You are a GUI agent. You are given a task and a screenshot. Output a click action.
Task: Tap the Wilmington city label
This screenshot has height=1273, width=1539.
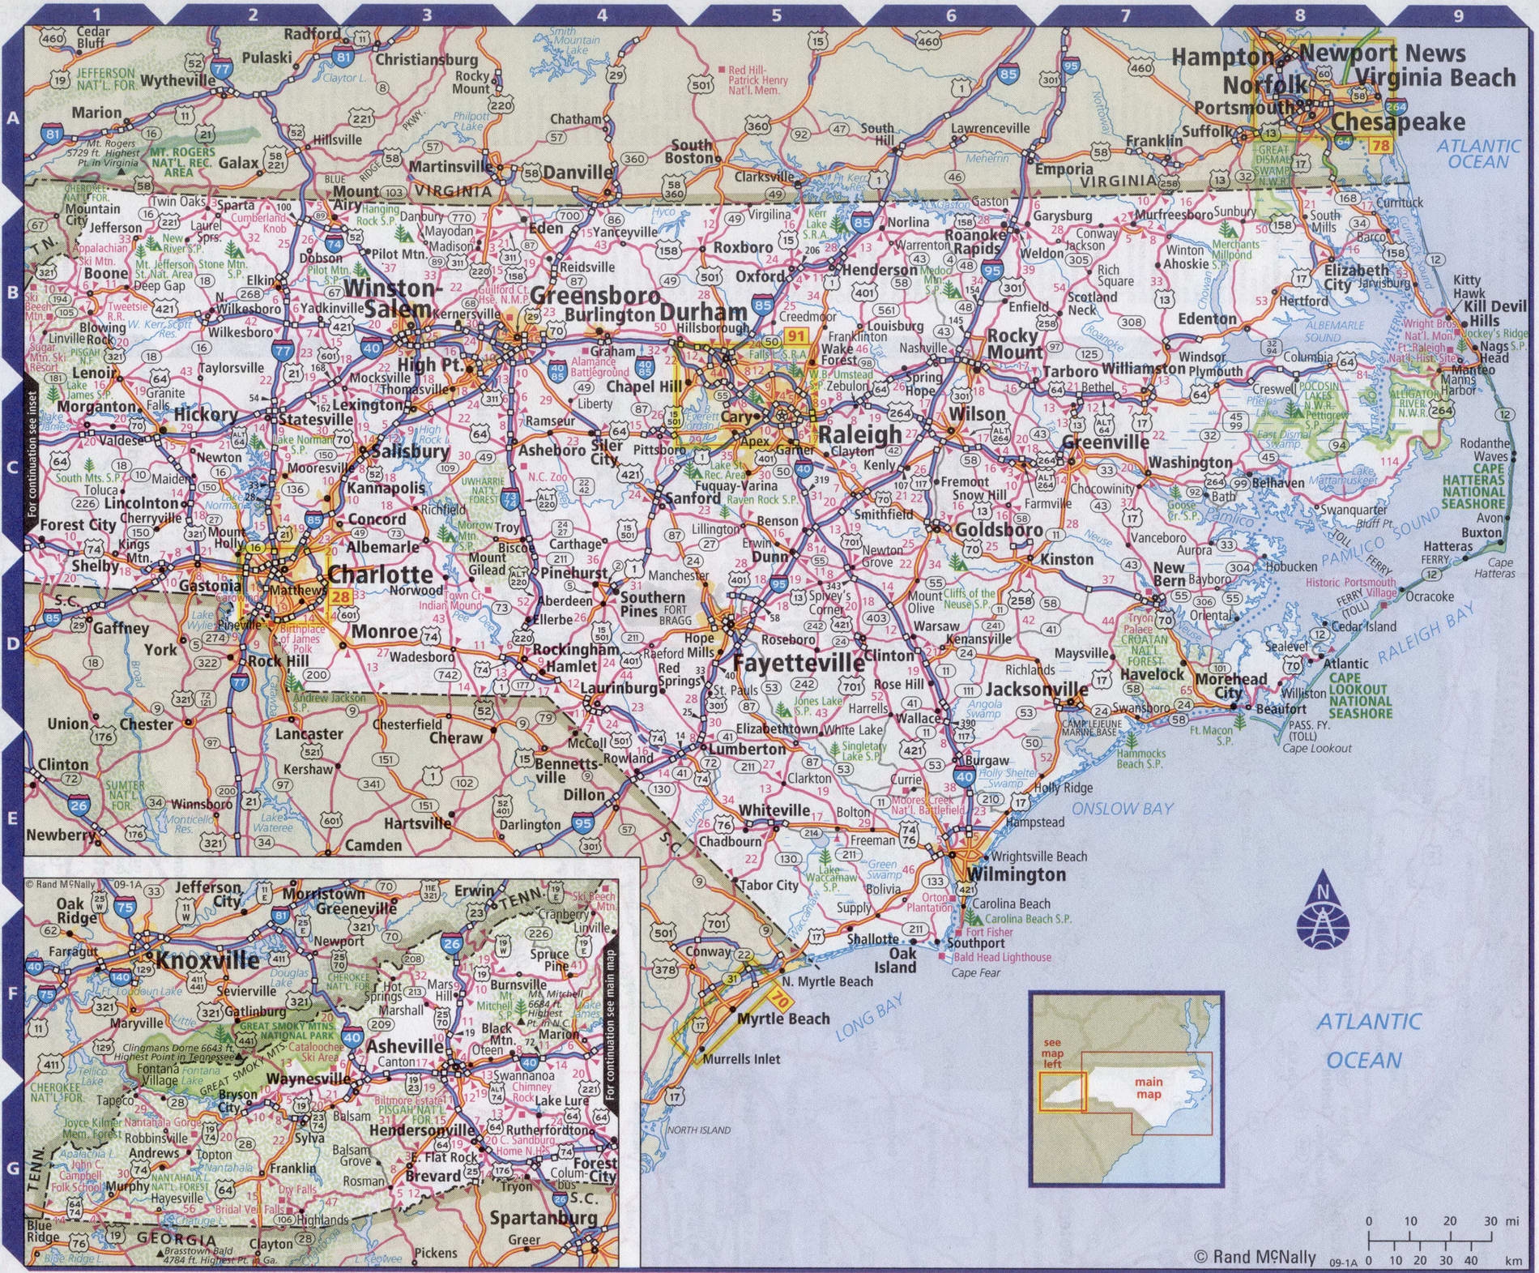pyautogui.click(x=1017, y=874)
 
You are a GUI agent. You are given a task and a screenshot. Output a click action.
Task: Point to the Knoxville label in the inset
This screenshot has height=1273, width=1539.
pyautogui.click(x=208, y=961)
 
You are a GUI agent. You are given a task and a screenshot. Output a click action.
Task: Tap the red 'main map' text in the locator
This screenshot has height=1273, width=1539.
pyautogui.click(x=1149, y=1087)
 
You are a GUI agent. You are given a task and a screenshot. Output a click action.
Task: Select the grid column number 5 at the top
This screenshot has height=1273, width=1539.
pyautogui.click(x=776, y=15)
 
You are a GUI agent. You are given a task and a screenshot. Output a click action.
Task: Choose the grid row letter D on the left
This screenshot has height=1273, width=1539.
pyautogui.click(x=12, y=643)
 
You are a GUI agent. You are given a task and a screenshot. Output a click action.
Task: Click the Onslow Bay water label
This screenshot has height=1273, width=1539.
pyautogui.click(x=1122, y=808)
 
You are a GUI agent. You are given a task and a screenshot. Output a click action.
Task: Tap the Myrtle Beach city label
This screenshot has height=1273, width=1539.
pyautogui.click(x=783, y=1019)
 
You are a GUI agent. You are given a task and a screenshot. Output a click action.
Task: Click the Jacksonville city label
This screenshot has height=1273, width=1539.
pyautogui.click(x=1037, y=689)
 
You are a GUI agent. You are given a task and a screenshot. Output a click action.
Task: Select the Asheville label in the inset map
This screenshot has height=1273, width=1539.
pyautogui.click(x=404, y=1046)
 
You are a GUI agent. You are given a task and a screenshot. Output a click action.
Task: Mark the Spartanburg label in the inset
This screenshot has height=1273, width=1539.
pyautogui.click(x=543, y=1217)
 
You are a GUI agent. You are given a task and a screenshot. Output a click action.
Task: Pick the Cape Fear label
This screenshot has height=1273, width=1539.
pyautogui.click(x=976, y=972)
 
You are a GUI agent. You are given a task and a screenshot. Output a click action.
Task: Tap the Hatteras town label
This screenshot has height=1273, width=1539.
pyautogui.click(x=1447, y=546)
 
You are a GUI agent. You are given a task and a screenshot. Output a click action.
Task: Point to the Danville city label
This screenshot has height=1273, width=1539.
pyautogui.click(x=578, y=172)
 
